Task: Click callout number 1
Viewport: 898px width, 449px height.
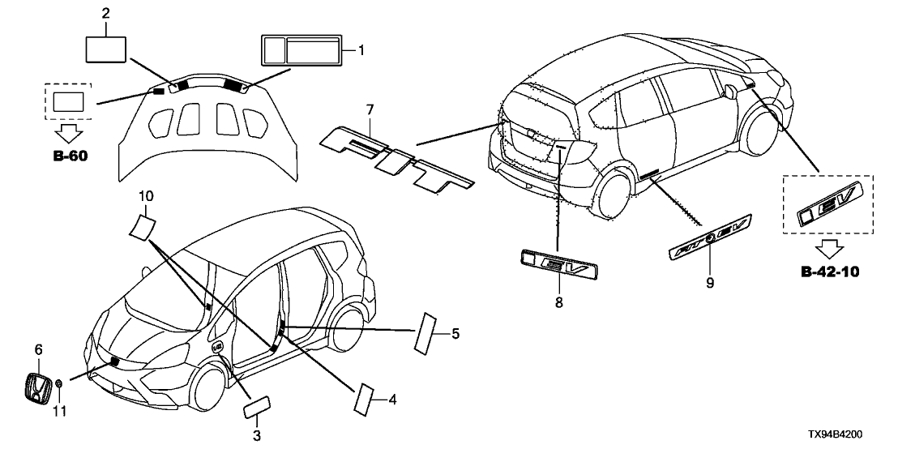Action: point(361,50)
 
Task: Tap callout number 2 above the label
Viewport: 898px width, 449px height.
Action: point(105,14)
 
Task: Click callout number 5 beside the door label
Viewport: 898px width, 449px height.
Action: point(455,332)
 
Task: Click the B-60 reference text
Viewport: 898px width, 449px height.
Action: point(68,154)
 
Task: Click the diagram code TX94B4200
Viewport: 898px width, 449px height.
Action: point(861,436)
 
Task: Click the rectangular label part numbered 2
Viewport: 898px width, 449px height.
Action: point(105,48)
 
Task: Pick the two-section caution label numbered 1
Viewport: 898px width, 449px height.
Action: point(301,50)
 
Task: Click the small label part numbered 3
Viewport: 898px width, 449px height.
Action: point(256,405)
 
